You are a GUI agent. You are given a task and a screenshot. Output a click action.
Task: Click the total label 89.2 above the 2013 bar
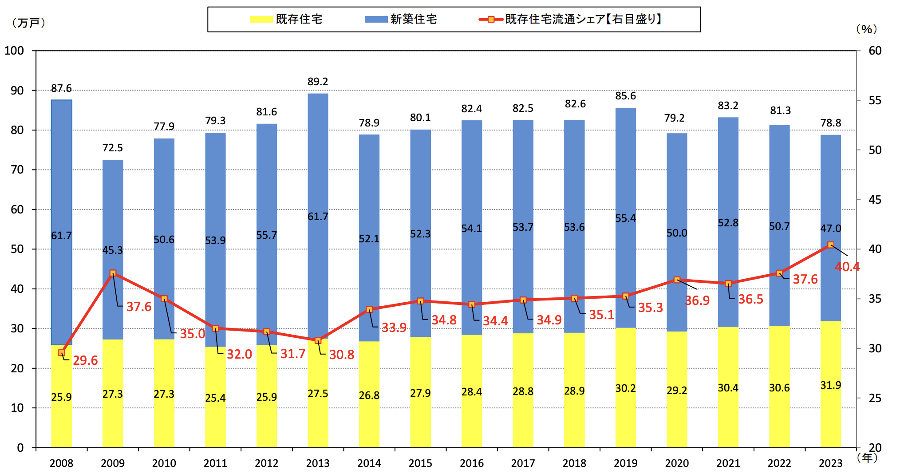coord(318,82)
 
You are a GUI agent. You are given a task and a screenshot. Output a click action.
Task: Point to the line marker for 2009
coord(113,273)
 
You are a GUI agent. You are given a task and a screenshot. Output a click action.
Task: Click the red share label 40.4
coord(847,267)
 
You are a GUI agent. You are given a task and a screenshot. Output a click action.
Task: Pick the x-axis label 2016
coord(472,463)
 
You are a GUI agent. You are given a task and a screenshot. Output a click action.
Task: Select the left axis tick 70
coord(17,170)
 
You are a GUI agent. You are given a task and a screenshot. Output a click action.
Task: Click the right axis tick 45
coord(875,200)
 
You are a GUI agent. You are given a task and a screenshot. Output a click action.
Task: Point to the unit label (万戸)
coord(29,23)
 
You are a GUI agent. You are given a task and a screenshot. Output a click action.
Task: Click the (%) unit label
coord(866,29)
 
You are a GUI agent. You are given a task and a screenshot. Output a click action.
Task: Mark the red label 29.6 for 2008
coord(85,360)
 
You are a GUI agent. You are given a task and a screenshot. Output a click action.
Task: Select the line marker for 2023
coord(831,245)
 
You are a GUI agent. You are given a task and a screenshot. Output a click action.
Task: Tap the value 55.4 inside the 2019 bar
coord(625,218)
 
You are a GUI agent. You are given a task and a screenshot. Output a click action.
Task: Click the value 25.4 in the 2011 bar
coord(215,398)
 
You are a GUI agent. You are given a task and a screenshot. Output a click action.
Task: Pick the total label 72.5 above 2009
coord(113,148)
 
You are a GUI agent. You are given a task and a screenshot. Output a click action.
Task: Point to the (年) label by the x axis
coord(867,458)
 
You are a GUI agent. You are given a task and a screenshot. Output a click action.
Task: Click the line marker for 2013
coord(318,341)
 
